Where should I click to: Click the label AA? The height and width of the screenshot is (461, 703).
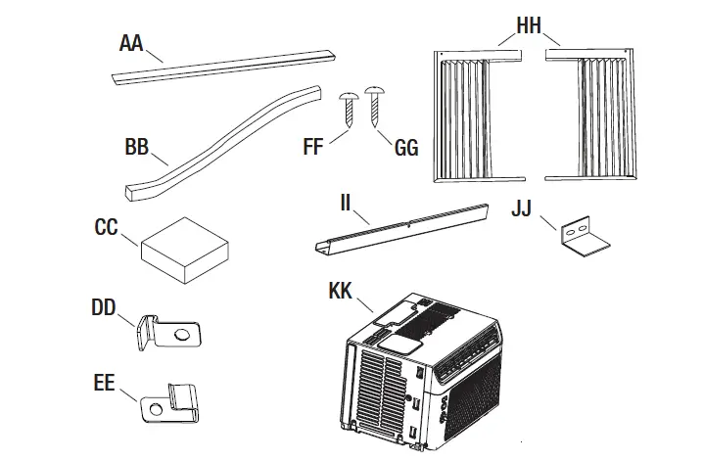pyautogui.click(x=132, y=44)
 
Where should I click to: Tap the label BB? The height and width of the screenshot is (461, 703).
pyautogui.click(x=138, y=149)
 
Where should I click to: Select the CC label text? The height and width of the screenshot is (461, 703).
pyautogui.click(x=106, y=228)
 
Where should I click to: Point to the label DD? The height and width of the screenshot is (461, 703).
pyautogui.click(x=104, y=308)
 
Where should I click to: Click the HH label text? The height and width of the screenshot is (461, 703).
pyautogui.click(x=529, y=25)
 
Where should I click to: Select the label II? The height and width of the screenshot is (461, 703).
pyautogui.click(x=346, y=204)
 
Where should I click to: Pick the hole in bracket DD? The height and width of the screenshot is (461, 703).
pyautogui.click(x=182, y=335)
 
